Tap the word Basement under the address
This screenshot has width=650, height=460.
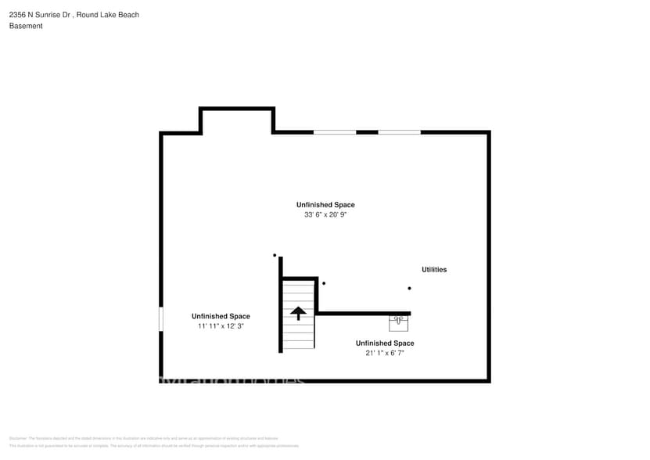coord(26,26)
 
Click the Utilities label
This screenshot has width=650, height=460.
coord(434,270)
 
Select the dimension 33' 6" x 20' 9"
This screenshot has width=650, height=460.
coord(325,214)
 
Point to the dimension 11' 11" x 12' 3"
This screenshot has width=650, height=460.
coord(221,326)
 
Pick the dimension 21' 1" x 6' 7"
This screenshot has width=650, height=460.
coord(384,353)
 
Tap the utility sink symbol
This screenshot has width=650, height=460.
coord(398,322)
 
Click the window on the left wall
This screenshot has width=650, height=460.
coord(161,318)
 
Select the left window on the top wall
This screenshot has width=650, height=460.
coord(335,132)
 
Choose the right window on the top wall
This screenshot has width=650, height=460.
coord(399,132)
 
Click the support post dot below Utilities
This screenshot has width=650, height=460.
coord(409,288)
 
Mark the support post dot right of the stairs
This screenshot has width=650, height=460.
coord(324,283)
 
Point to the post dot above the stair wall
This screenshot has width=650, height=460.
coord(275,255)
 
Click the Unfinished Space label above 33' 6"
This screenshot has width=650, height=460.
coord(325,205)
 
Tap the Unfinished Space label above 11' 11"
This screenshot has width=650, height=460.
coord(221,317)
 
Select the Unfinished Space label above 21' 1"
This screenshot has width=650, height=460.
coord(385,343)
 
